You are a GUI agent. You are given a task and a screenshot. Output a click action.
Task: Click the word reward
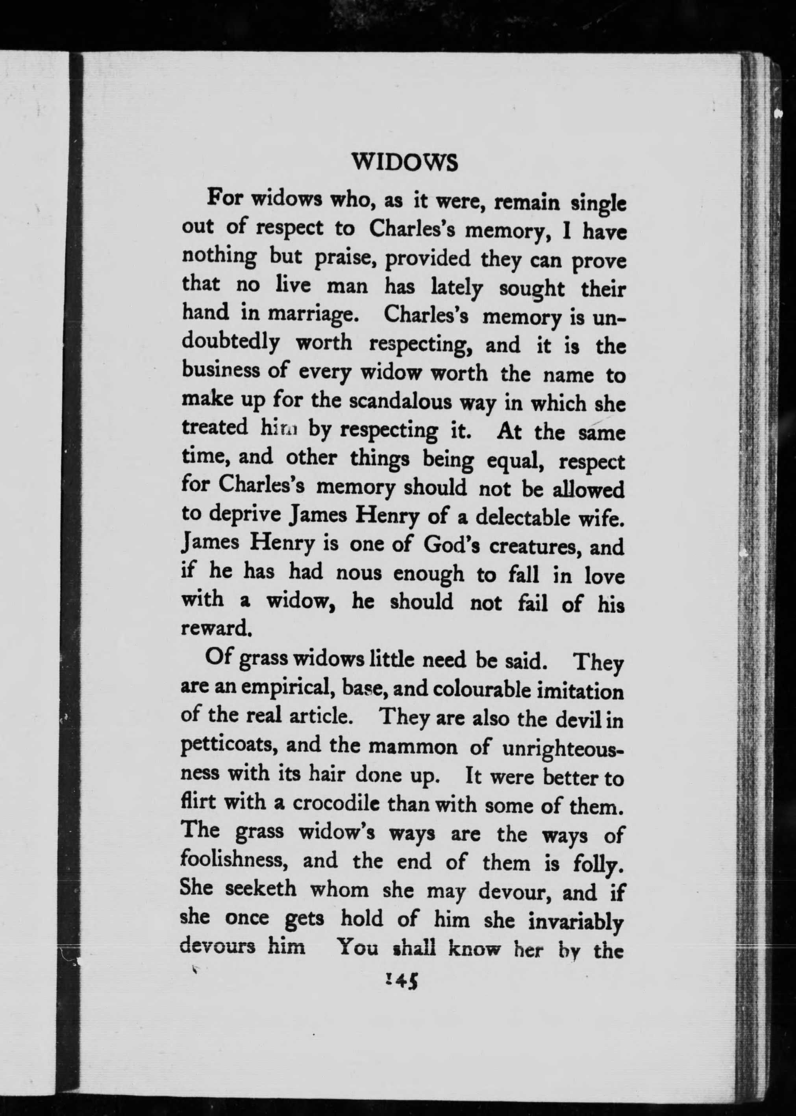(x=216, y=629)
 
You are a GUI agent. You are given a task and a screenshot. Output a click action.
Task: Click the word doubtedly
(x=230, y=343)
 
